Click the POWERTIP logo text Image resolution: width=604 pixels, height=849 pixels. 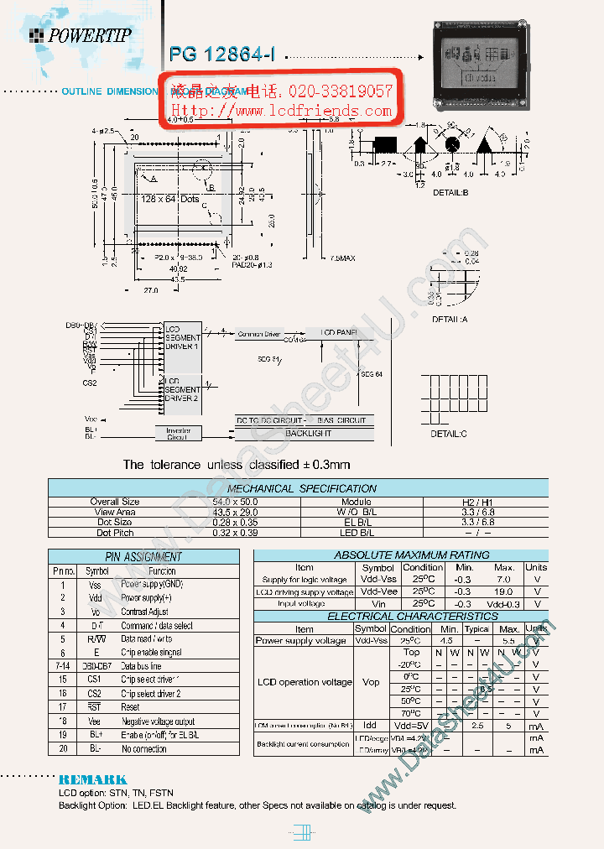[89, 35]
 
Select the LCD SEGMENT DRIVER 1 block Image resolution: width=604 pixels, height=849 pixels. [182, 337]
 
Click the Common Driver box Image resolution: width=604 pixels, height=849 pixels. [260, 333]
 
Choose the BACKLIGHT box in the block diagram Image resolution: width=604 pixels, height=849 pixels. [308, 434]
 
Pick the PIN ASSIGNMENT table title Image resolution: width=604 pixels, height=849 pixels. [143, 556]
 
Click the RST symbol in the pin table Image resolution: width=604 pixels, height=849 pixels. [95, 707]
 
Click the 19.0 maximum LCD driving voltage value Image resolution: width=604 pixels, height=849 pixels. [503, 591]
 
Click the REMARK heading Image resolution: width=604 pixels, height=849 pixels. [92, 779]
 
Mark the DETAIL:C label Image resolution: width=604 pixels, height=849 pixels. [449, 434]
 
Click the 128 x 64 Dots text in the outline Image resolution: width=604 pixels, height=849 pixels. [170, 199]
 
